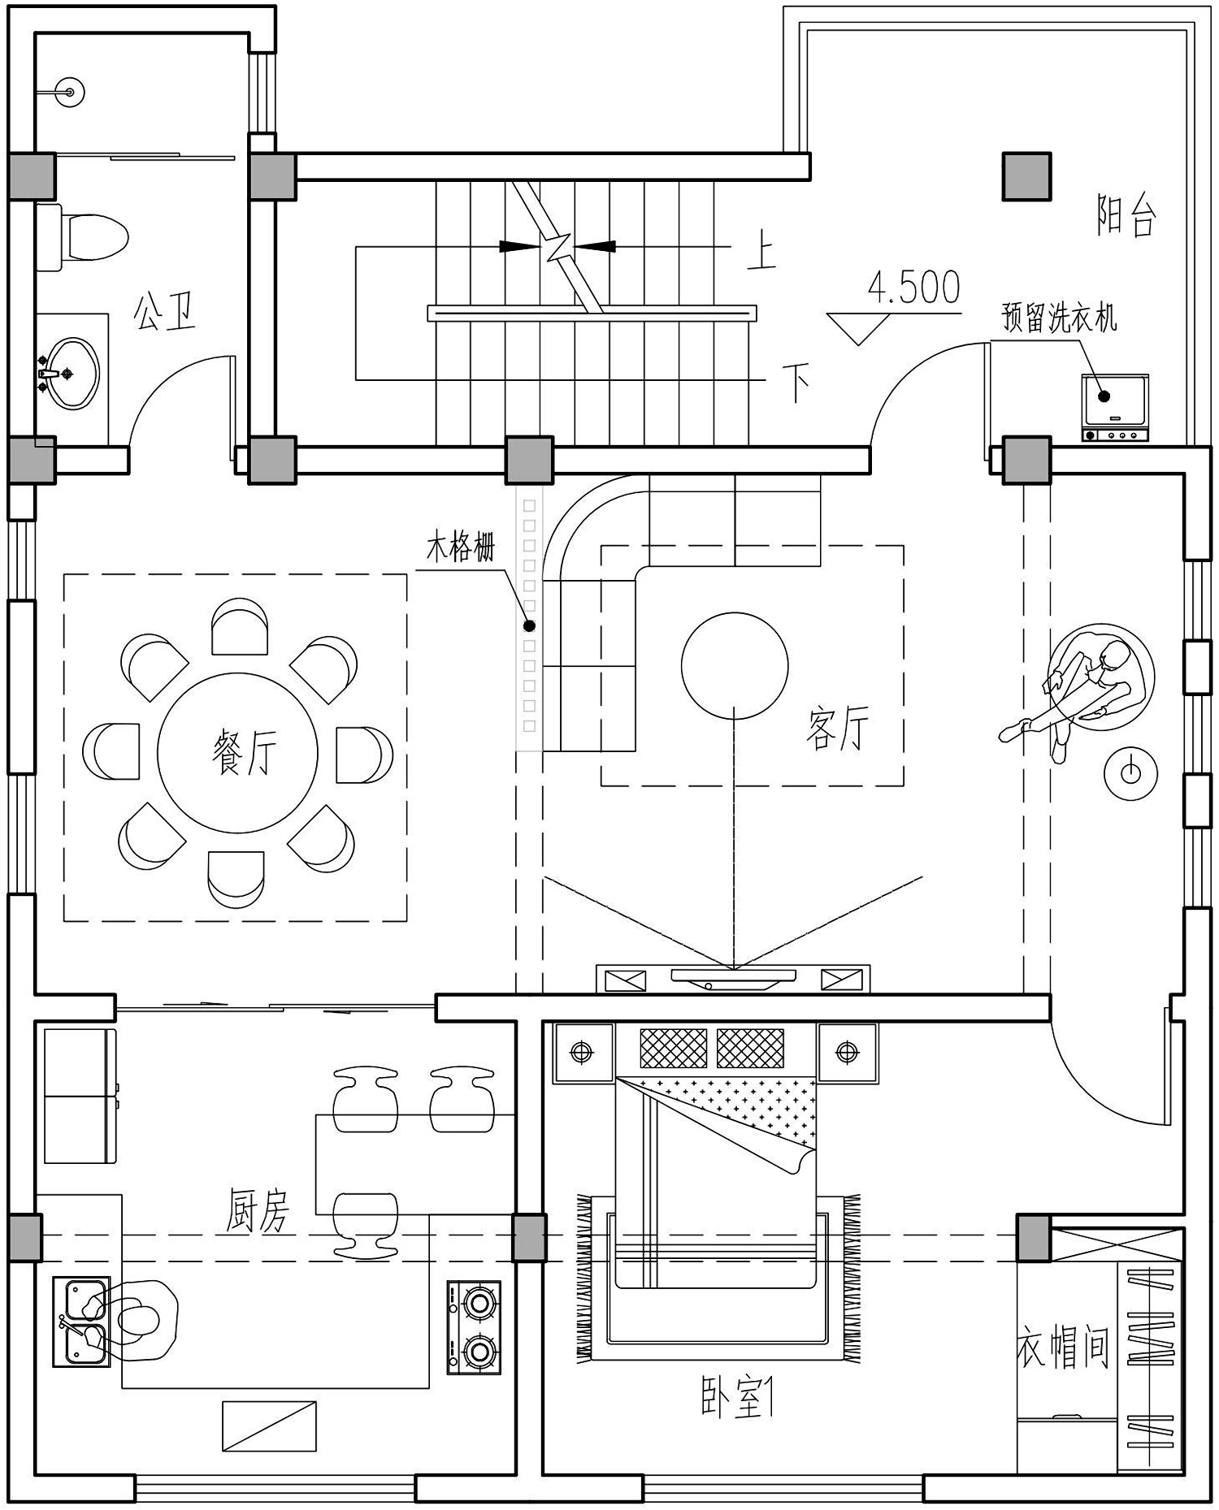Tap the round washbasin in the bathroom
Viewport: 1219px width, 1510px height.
point(70,374)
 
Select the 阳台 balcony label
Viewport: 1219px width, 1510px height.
point(1126,215)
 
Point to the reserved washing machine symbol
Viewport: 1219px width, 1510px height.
point(1114,407)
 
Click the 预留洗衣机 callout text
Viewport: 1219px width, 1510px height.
point(1060,318)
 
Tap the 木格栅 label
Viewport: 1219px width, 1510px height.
point(461,547)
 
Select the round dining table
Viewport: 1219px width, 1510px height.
point(237,753)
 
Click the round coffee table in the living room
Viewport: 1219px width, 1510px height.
point(735,665)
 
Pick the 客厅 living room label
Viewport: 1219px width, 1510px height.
point(838,729)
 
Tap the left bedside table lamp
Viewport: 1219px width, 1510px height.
point(582,1053)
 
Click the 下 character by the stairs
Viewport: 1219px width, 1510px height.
point(796,383)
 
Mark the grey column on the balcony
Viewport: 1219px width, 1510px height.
point(1026,176)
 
